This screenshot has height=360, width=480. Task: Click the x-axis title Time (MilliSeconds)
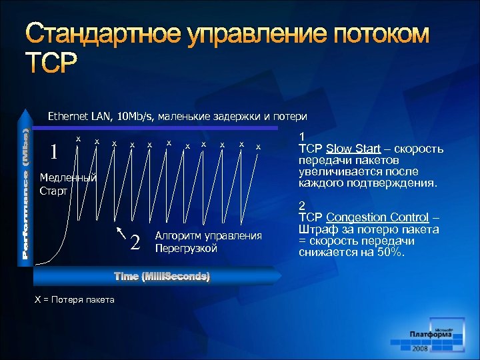162,276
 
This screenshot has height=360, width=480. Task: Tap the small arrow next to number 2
121,232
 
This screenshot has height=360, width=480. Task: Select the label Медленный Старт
68,184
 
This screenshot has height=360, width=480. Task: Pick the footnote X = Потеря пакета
74,299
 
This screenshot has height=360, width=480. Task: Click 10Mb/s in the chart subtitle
139,117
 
